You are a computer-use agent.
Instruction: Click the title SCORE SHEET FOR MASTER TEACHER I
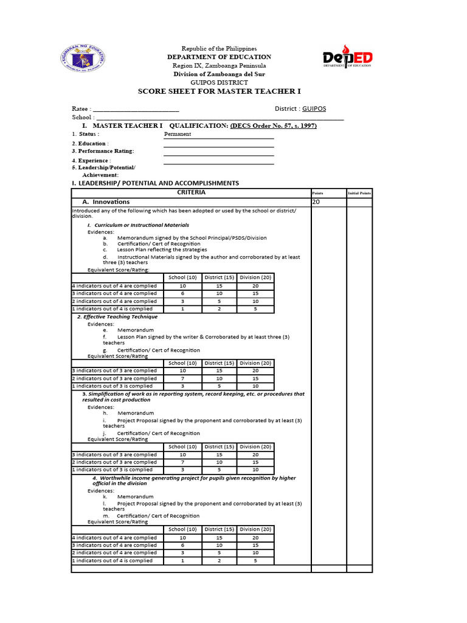tap(220, 91)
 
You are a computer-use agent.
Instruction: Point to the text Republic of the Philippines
tap(220, 49)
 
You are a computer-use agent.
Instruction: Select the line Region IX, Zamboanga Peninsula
tap(220, 65)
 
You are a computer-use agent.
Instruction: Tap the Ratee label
tap(81, 109)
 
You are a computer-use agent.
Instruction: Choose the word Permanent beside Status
tap(178, 134)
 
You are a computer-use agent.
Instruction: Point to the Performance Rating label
tap(103, 151)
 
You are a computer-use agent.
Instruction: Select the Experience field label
tap(91, 161)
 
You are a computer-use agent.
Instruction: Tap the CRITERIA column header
tap(191, 192)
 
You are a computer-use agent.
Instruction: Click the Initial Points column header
tap(359, 193)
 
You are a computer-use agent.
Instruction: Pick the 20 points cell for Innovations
tap(316, 202)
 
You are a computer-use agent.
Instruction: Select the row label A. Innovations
tap(106, 202)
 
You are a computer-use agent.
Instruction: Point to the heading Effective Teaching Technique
tap(117, 317)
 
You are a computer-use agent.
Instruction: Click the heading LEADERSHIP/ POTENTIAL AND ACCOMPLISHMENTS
tap(155, 183)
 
